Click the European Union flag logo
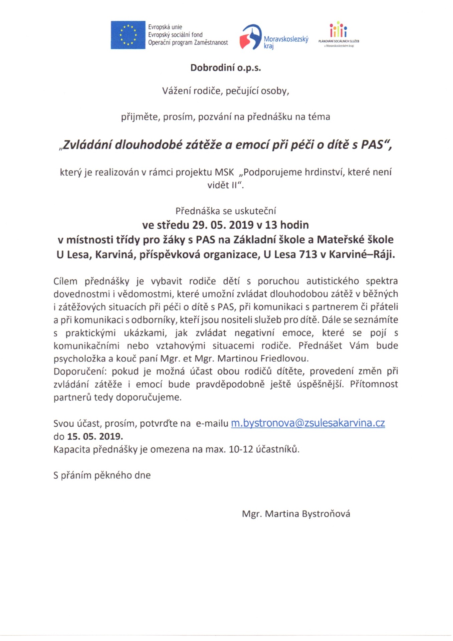(128, 35)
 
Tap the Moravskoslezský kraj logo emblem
(251, 37)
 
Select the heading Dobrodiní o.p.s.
(226, 68)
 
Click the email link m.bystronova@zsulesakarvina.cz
(308, 423)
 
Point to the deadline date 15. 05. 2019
(95, 436)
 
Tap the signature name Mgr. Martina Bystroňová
(296, 513)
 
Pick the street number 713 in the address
(308, 255)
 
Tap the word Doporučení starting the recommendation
(80, 372)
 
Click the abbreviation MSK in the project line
(224, 172)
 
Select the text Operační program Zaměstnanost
(188, 43)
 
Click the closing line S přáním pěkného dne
(102, 475)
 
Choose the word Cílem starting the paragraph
(65, 281)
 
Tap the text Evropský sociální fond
(175, 35)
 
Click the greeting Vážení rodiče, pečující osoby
(226, 91)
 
